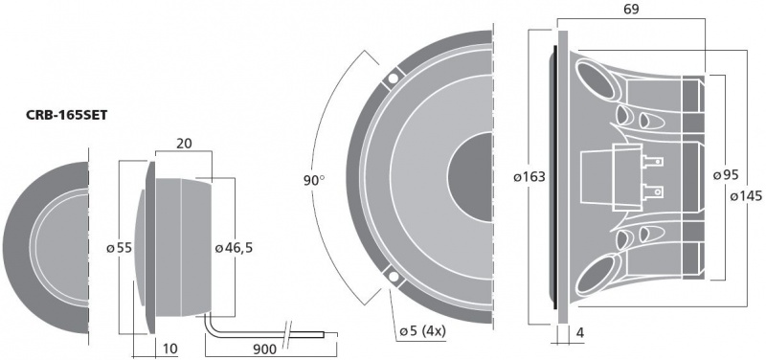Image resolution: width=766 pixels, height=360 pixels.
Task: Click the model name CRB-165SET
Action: click(x=66, y=116)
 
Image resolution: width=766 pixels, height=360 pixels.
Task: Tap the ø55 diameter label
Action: click(x=120, y=248)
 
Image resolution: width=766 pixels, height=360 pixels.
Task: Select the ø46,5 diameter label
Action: click(x=234, y=248)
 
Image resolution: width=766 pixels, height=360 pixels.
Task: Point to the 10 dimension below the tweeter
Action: click(x=169, y=349)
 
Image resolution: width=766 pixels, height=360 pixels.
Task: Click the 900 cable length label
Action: click(x=264, y=349)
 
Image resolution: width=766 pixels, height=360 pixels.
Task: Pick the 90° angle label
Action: click(x=314, y=180)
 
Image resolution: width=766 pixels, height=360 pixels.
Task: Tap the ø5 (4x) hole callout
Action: click(x=422, y=332)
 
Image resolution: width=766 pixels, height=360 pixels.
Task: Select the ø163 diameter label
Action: click(x=529, y=176)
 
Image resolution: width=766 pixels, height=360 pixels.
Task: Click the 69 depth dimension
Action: click(x=631, y=10)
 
